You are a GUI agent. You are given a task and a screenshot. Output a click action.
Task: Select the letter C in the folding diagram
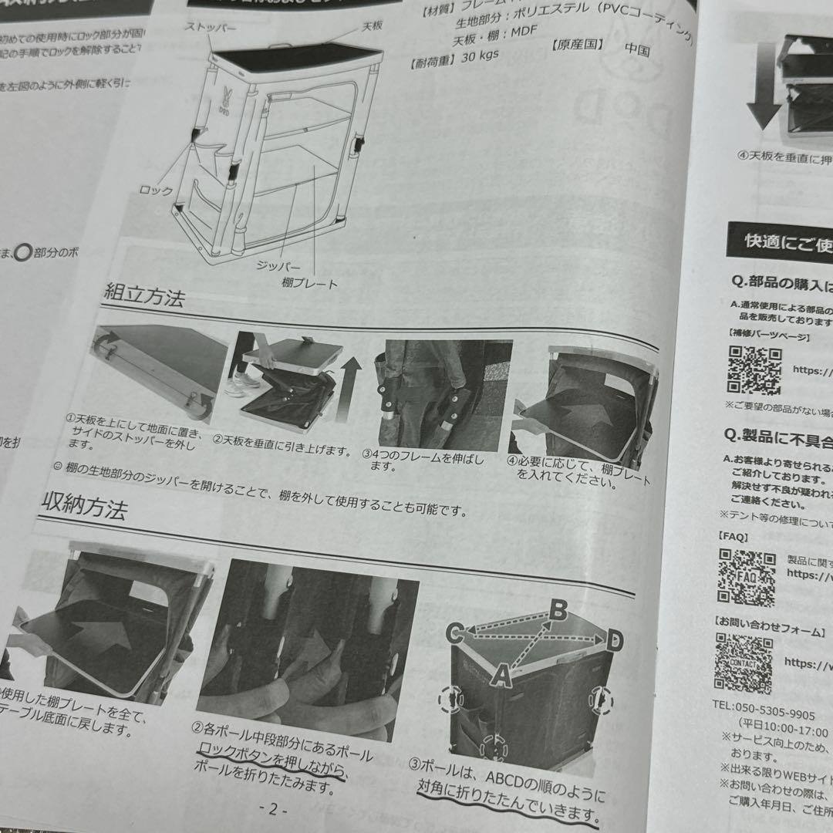(x=455, y=634)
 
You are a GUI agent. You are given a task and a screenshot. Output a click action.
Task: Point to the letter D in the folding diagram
(x=614, y=639)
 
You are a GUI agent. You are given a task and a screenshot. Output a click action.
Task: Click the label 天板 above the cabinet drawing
(x=373, y=27)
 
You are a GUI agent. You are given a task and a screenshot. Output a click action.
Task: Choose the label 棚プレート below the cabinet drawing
(x=309, y=284)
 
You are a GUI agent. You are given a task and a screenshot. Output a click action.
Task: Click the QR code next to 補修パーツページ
(x=754, y=370)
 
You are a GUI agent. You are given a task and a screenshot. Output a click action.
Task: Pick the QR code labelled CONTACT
(x=743, y=663)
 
